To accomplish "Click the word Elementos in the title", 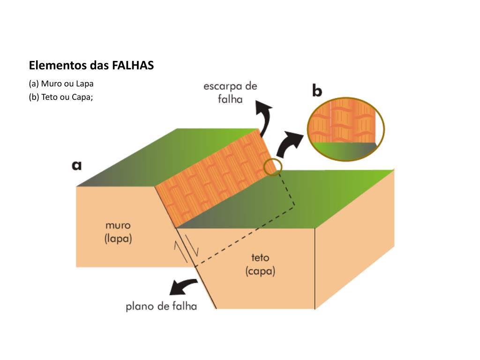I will tap(52, 65).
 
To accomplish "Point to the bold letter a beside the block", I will tap(76, 165).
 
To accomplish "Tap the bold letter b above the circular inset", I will tap(317, 90).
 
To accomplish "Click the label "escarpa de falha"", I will tap(230, 92).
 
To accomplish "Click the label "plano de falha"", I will tap(161, 307).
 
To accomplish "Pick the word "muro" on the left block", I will tap(118, 225).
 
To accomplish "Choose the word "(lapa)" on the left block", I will tap(118, 238).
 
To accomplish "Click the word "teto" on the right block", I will tap(260, 257).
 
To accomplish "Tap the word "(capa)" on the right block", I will tap(260, 271).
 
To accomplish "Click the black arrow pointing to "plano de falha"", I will tap(183, 285).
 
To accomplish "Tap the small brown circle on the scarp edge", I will tap(273, 167).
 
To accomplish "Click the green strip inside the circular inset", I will tap(345, 150).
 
